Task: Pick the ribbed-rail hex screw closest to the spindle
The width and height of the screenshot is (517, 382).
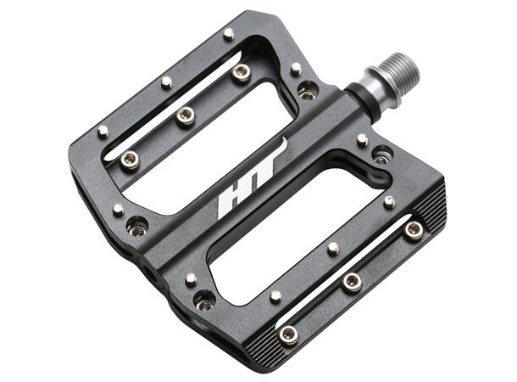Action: coord(414,230)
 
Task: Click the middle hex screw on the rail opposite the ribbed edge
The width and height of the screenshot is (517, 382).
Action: coord(185,116)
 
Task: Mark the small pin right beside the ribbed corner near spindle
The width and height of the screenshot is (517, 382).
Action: coord(389,201)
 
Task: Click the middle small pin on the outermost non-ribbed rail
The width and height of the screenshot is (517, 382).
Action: coord(166,81)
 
